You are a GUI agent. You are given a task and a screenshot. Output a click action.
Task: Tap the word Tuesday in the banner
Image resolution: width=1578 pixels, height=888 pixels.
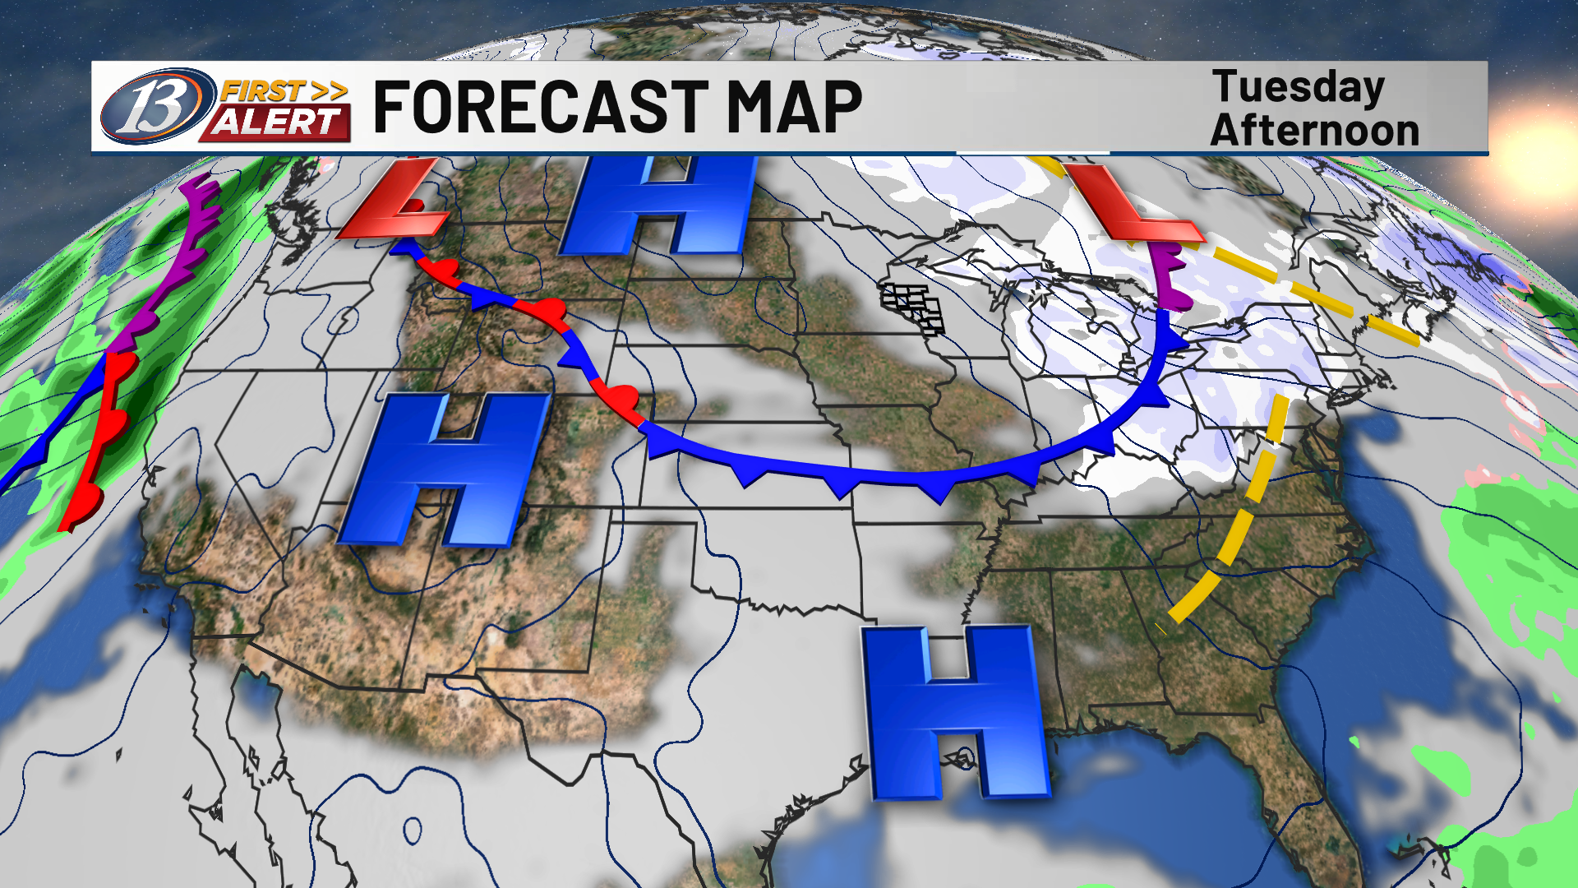pos(1299,87)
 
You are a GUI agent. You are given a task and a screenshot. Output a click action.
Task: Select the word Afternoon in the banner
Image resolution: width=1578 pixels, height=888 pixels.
pos(1315,130)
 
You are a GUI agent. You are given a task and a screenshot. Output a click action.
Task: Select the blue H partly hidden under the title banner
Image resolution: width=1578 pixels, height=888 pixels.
pos(657,206)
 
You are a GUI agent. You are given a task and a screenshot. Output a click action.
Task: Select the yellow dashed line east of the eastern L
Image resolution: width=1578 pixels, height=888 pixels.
pos(1315,292)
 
